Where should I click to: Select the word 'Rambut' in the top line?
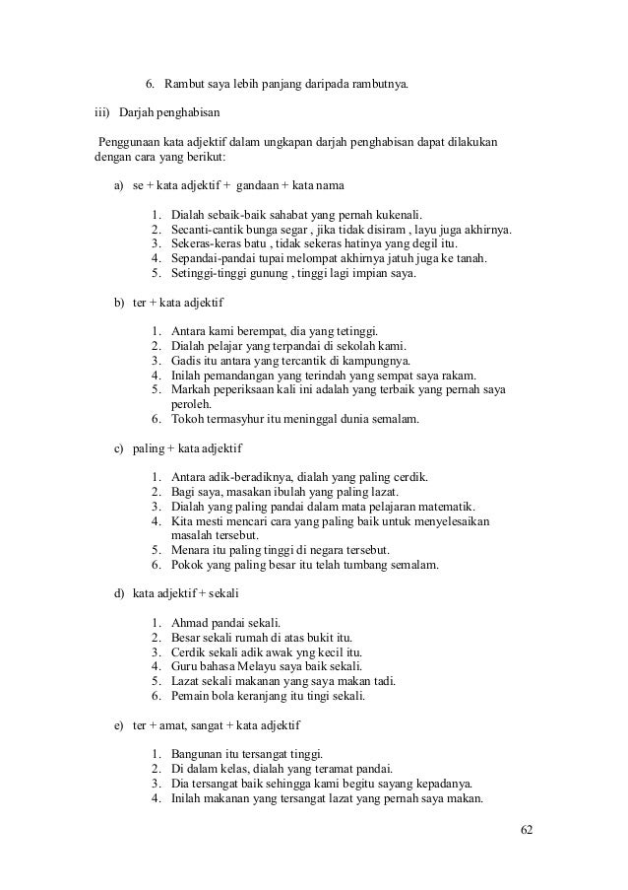184,80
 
